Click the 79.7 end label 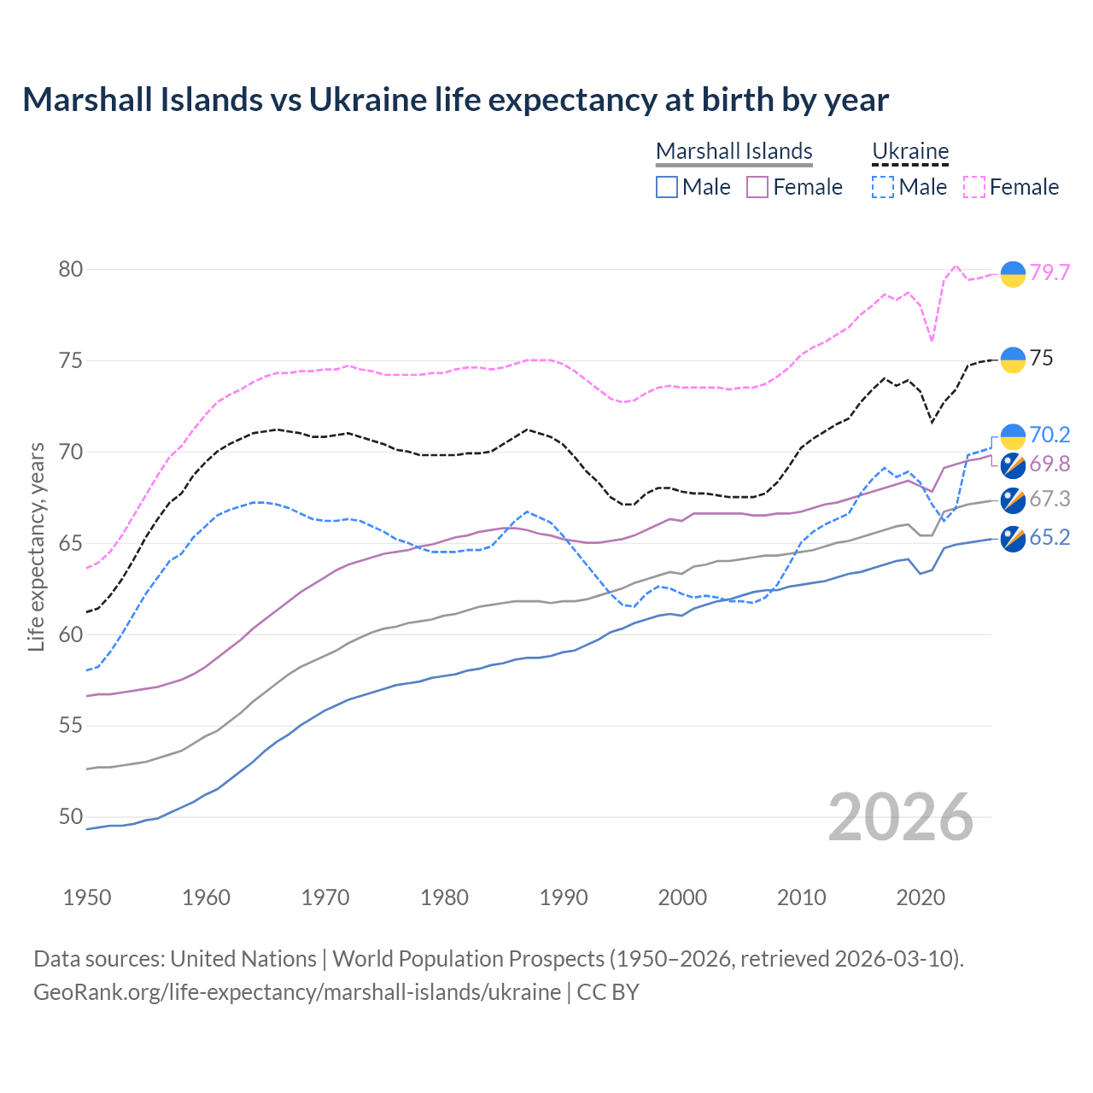[x=1049, y=272]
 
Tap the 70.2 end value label [x=1049, y=435]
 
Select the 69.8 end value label [x=1049, y=464]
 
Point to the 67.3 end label [x=1049, y=499]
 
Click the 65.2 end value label [x=1049, y=537]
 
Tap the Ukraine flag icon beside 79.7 [x=1013, y=274]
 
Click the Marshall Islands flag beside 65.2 [x=1013, y=539]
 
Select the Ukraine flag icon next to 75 [x=1013, y=359]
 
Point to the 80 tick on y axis [x=71, y=270]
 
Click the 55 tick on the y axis [x=71, y=726]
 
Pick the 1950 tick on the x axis [x=87, y=897]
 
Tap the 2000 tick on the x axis [x=682, y=897]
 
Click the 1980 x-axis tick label [x=444, y=897]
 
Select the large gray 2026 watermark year [x=901, y=817]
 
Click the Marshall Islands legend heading [x=734, y=151]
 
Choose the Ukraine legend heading [x=910, y=151]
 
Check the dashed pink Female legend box [x=974, y=187]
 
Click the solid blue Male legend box [x=667, y=187]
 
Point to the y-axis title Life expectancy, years [x=37, y=546]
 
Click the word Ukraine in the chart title [x=367, y=100]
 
